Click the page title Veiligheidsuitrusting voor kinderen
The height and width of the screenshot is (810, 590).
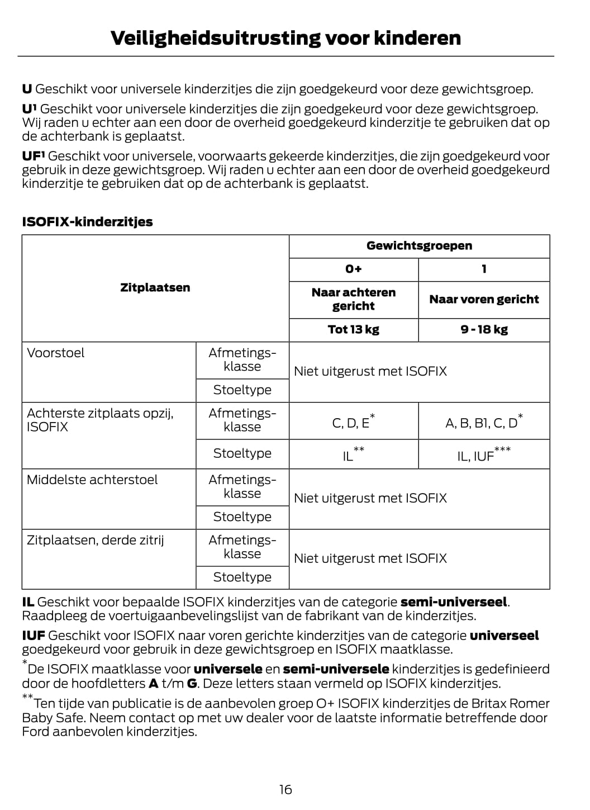pos(286,38)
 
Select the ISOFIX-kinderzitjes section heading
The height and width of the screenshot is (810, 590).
pos(87,222)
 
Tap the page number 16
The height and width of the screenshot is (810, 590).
pos(286,789)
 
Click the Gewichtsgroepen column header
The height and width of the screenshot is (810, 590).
pos(419,246)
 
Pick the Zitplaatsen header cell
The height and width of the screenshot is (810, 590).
pos(155,288)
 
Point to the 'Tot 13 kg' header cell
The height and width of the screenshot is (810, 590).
pos(353,330)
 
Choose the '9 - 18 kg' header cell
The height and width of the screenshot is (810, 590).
pos(484,330)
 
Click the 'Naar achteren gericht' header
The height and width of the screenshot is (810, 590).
pos(353,299)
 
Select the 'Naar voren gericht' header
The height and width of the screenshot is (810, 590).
pos(484,299)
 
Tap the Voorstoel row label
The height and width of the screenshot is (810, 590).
pos(56,353)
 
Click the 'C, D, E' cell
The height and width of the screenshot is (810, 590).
pos(352,423)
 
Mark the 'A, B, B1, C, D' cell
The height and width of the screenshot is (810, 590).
pos(483,423)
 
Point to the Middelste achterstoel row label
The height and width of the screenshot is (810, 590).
pos(92,480)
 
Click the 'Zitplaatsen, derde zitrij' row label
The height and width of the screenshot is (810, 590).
pos(96,541)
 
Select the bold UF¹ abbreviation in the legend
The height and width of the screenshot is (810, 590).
pos(34,157)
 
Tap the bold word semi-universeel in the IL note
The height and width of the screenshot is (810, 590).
pos(454,603)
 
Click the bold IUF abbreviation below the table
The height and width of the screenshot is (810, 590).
pos(34,636)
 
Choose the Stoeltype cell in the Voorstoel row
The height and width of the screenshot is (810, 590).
pos(242,390)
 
